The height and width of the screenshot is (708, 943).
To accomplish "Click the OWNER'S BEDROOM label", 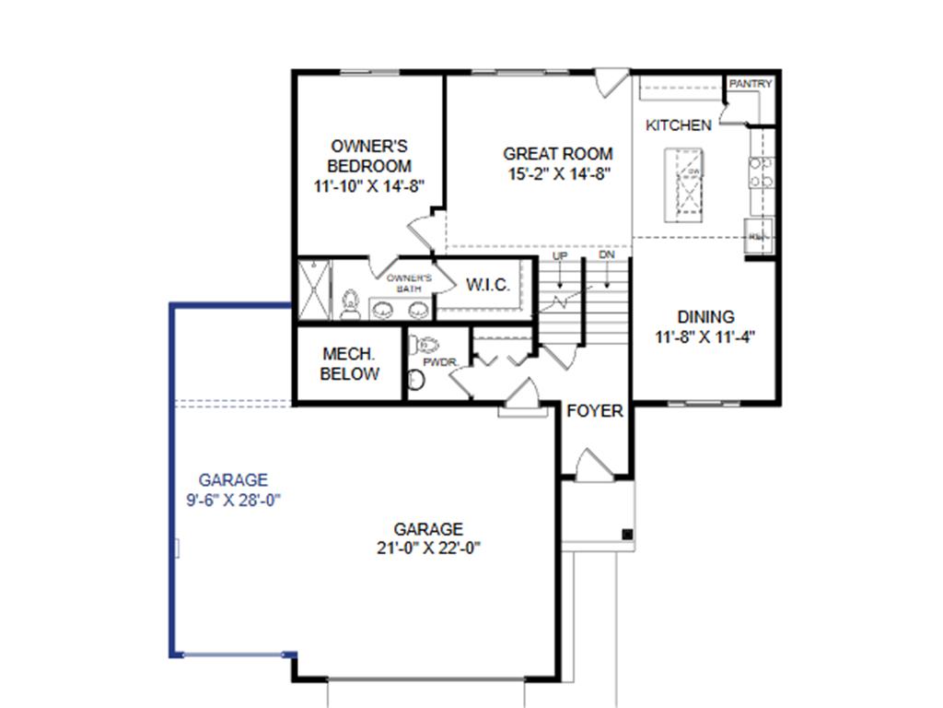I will tap(369, 157).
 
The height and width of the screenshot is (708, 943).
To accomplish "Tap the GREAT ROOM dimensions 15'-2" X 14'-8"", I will tap(557, 173).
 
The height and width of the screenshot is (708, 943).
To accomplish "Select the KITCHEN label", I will tap(678, 125).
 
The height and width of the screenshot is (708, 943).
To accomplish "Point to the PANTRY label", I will tap(751, 84).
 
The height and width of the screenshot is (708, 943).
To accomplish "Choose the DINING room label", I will tap(706, 317).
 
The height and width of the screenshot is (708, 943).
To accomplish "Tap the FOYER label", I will tap(594, 410).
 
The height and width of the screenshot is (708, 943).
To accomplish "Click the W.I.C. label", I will tap(487, 285).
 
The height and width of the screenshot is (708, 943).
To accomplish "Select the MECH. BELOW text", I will tap(350, 364).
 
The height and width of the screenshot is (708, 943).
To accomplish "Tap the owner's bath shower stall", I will tap(313, 289).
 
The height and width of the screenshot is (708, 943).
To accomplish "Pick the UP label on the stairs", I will tap(559, 255).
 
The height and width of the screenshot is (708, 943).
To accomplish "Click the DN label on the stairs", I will tap(607, 255).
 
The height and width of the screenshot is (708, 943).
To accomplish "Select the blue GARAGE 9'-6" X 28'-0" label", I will tap(233, 490).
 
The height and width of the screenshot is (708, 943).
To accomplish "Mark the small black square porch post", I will tap(627, 534).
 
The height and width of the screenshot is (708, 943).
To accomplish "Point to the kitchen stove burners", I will tap(761, 172).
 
